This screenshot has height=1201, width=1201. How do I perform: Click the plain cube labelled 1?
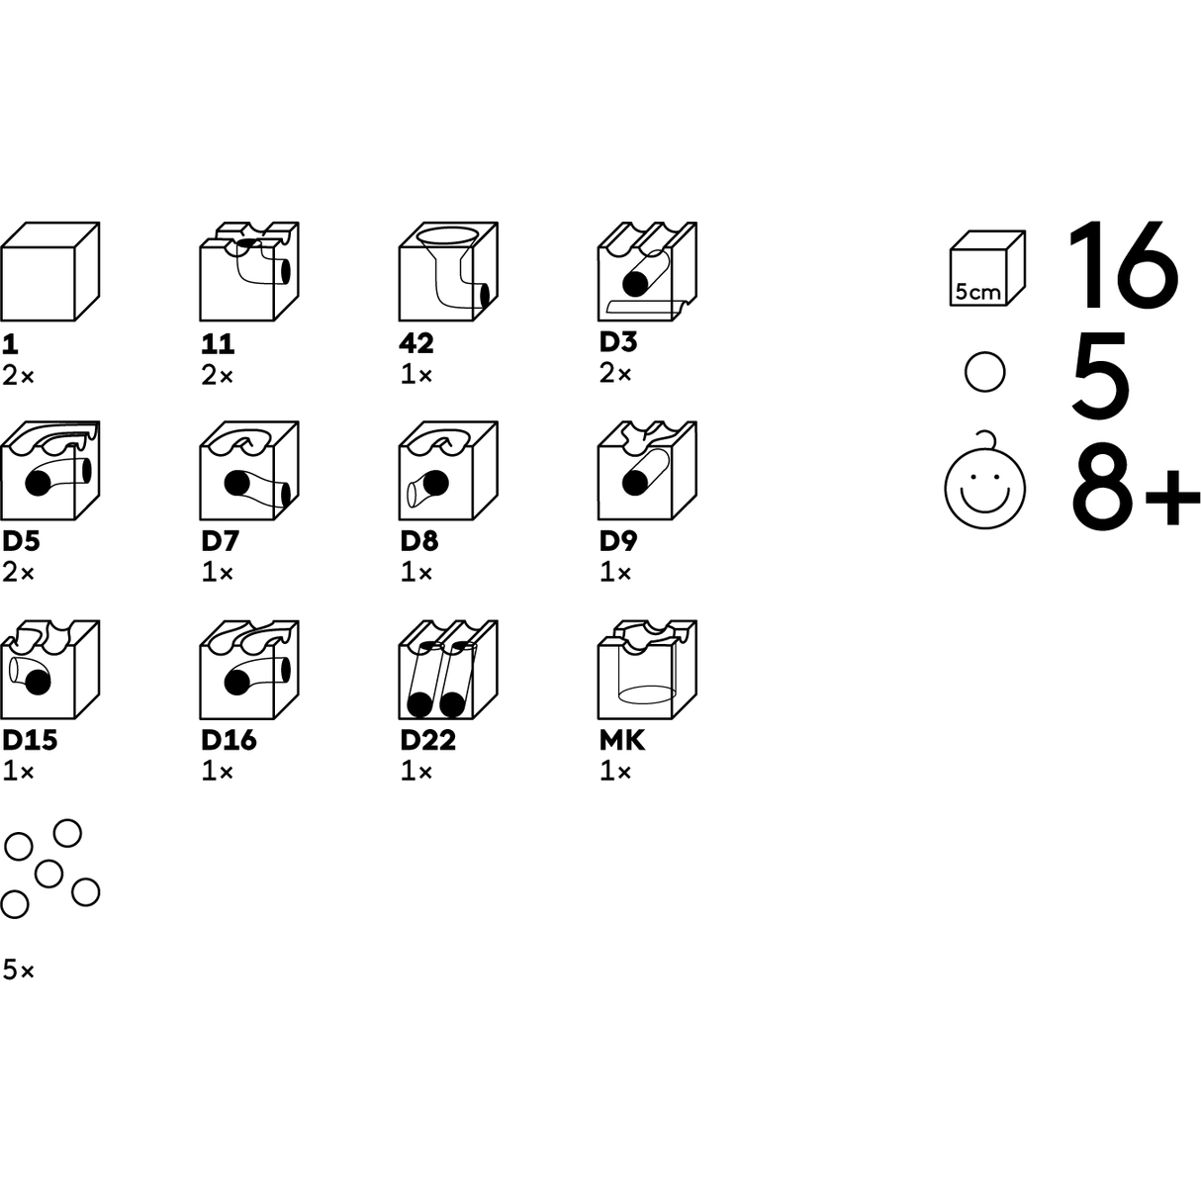[49, 272]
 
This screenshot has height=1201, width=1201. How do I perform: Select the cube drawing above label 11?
[249, 272]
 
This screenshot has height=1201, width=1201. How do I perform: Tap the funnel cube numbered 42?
[448, 272]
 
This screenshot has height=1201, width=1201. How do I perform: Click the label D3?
[618, 341]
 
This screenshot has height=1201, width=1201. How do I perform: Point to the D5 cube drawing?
[49, 471]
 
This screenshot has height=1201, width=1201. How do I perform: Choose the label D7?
[220, 541]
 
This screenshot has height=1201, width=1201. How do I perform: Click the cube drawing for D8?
[448, 471]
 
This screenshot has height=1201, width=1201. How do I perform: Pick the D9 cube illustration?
[648, 471]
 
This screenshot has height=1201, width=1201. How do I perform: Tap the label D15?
[30, 740]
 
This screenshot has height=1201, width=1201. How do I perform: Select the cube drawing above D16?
[249, 670]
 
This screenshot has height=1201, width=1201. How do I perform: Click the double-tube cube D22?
[448, 670]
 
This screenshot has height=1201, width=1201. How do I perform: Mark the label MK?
[622, 740]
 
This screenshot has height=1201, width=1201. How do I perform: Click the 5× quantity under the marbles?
[19, 970]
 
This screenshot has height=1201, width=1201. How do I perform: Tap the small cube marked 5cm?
[987, 269]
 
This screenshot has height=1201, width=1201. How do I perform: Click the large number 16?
[1123, 265]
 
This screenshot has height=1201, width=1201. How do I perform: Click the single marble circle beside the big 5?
[984, 373]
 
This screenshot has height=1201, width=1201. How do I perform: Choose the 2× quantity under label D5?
[18, 572]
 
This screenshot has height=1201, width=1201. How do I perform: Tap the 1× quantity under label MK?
[615, 772]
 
